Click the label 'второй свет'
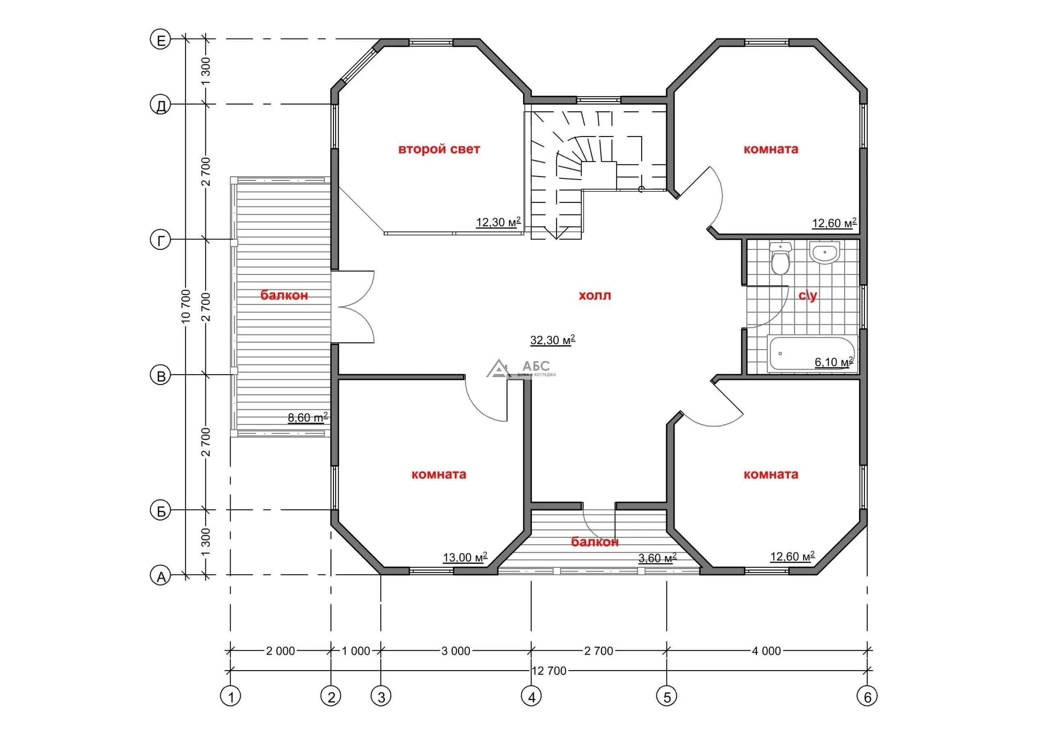click(439, 149)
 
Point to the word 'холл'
click(595, 295)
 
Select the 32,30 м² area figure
click(553, 339)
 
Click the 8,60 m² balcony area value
click(308, 417)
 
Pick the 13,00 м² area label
click(465, 557)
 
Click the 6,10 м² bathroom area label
click(834, 362)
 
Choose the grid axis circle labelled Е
click(161, 40)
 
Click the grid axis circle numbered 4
click(531, 696)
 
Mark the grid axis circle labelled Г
click(161, 240)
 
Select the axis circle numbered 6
click(867, 696)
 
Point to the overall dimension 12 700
click(549, 671)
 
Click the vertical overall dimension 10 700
click(186, 306)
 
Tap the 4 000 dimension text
click(767, 651)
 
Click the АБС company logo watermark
click(521, 369)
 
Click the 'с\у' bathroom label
click(808, 295)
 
